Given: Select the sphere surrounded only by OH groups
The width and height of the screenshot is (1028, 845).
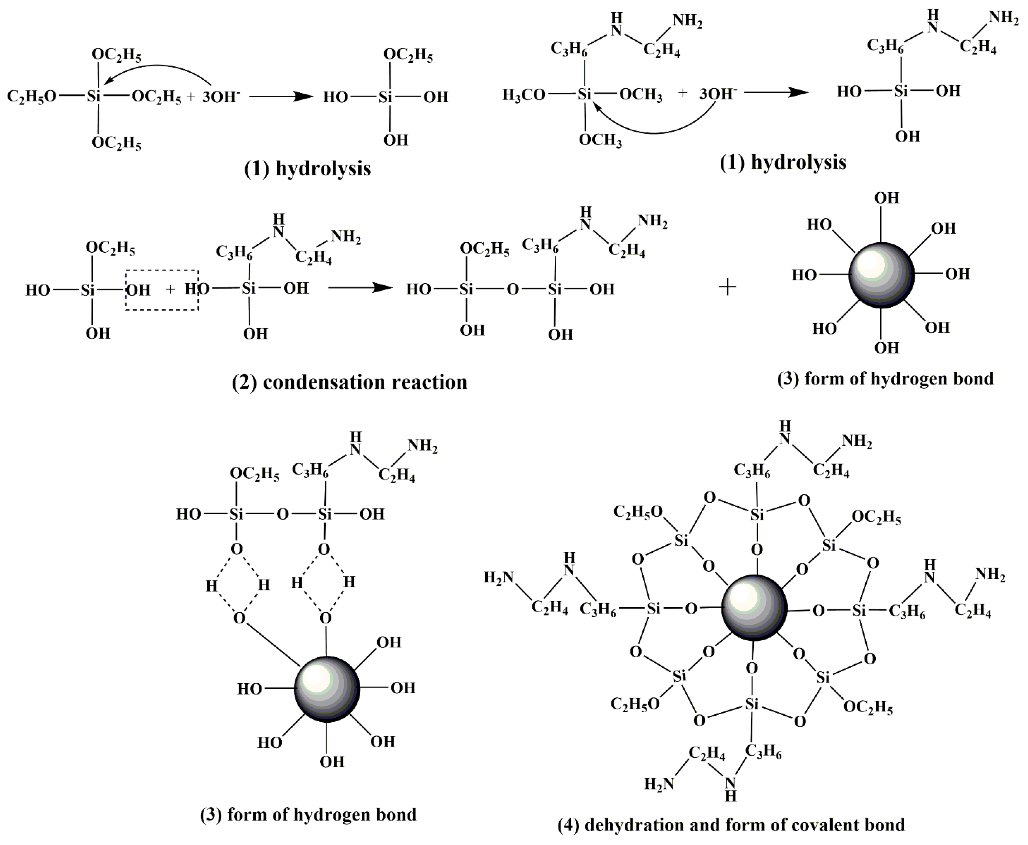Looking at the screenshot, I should (881, 275).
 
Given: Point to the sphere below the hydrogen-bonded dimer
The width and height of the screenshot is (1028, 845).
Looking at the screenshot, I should (327, 689).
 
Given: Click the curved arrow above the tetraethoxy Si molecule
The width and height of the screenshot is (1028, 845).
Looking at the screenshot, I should (161, 70).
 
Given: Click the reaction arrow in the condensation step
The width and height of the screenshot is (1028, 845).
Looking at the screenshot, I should (360, 288).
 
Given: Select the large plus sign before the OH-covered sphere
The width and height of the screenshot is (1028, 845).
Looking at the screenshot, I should (727, 287).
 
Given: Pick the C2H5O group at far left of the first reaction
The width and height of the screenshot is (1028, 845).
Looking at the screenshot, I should (32, 96).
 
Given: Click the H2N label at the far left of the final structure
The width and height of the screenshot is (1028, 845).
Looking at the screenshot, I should (499, 577).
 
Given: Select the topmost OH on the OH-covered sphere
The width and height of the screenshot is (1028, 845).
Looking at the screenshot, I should (886, 198).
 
